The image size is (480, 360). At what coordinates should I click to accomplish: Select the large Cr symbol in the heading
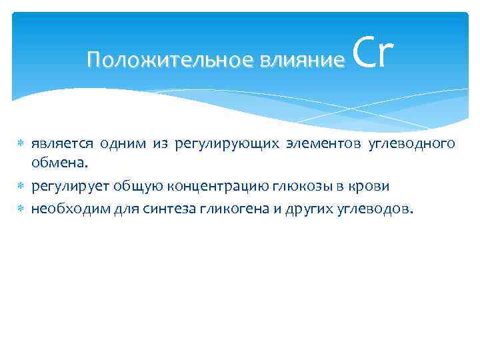[372, 53]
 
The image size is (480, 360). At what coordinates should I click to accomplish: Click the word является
[62, 144]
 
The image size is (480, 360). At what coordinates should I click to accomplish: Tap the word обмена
[59, 164]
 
